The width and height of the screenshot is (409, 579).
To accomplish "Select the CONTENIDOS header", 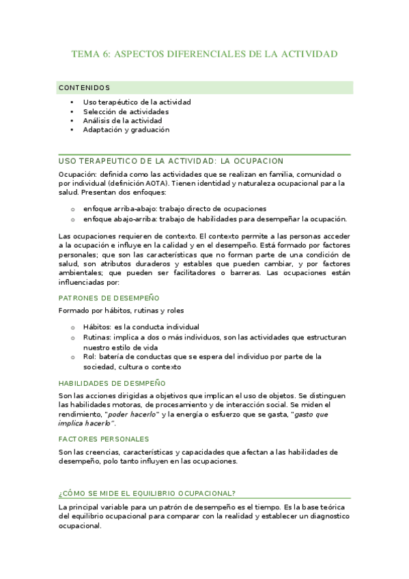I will (85, 87).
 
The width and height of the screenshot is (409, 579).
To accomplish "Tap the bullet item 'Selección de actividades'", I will (126, 111).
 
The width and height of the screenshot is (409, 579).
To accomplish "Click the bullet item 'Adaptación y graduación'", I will (126, 130).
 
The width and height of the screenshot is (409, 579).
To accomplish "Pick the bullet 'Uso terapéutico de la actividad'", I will (137, 102).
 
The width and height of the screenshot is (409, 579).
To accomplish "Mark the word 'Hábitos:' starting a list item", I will (100, 327).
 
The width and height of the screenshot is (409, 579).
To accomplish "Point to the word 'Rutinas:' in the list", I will (100, 337).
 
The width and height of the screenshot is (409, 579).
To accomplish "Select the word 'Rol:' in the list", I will (90, 356).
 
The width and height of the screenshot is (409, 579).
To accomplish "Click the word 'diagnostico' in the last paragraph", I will (324, 516).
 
